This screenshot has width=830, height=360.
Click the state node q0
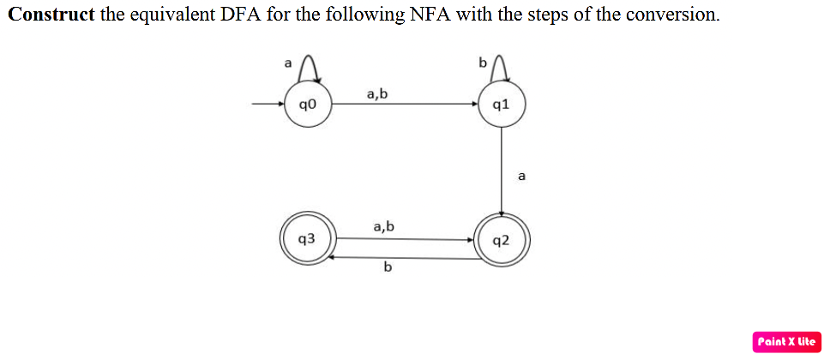pos(309,105)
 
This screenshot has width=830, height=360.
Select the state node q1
pos(502,105)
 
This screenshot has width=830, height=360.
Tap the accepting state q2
pos(502,240)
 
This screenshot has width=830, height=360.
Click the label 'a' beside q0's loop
pos(288,63)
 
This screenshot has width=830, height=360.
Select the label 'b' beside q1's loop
pos(482,63)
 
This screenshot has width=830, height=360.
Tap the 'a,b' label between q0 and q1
pos(377,93)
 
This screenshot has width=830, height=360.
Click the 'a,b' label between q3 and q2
pos(384,227)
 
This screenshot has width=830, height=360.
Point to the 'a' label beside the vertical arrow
pos(521,177)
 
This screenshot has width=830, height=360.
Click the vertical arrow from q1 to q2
pos(502,171)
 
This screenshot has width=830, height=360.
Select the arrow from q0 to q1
pos(403,105)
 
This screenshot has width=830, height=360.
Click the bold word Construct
pos(51,15)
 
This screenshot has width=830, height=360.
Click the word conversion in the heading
pos(672,15)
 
